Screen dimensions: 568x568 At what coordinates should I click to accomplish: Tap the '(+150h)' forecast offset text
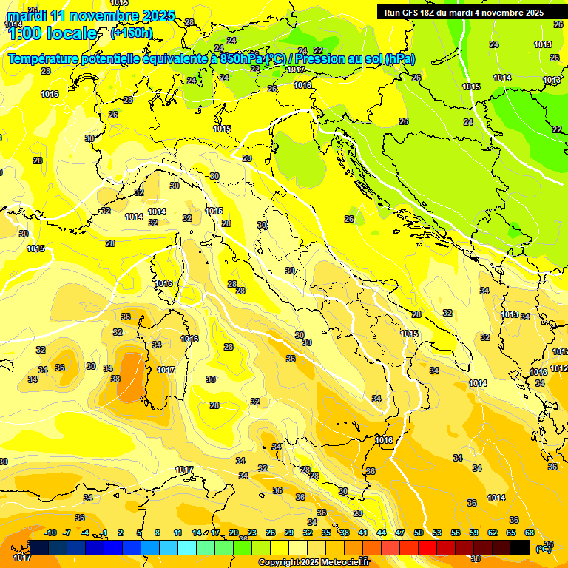point(132,33)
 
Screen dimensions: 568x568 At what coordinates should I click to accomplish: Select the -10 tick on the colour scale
point(50,532)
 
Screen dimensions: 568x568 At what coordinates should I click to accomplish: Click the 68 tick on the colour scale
point(530,532)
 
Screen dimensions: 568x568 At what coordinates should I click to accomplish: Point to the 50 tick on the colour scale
point(419,532)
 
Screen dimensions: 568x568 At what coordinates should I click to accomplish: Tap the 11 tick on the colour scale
point(177,532)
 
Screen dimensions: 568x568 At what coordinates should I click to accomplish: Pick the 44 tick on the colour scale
point(382,532)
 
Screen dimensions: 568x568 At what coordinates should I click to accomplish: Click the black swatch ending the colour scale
point(520,547)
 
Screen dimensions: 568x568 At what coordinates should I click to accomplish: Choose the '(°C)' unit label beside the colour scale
point(544,548)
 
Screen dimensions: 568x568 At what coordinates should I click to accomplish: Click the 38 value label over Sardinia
point(115,379)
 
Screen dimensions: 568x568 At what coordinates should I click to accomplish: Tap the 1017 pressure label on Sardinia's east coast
point(166,370)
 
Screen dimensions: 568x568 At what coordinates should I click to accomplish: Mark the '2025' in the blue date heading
point(157,16)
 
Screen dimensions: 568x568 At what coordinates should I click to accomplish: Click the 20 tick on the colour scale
point(234,532)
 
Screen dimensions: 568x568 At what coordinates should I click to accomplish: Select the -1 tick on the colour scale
point(104,532)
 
